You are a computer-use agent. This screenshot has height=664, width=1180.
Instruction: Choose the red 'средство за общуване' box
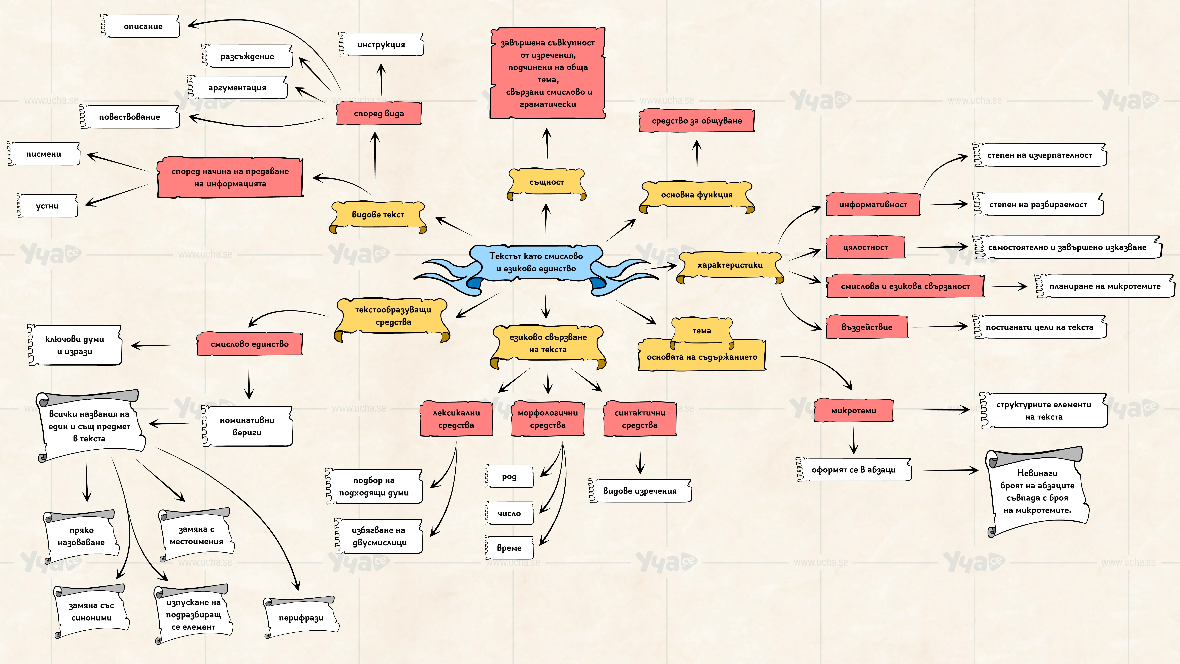coord(697,121)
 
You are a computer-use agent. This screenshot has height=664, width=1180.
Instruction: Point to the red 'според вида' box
coord(379,113)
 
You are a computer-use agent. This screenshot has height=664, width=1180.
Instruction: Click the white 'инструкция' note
coord(381,44)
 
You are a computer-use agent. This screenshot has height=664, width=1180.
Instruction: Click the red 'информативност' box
coord(873,204)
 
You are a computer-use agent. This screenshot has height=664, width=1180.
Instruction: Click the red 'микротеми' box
coord(853,411)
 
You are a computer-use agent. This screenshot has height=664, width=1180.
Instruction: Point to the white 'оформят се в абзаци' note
coord(854,470)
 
